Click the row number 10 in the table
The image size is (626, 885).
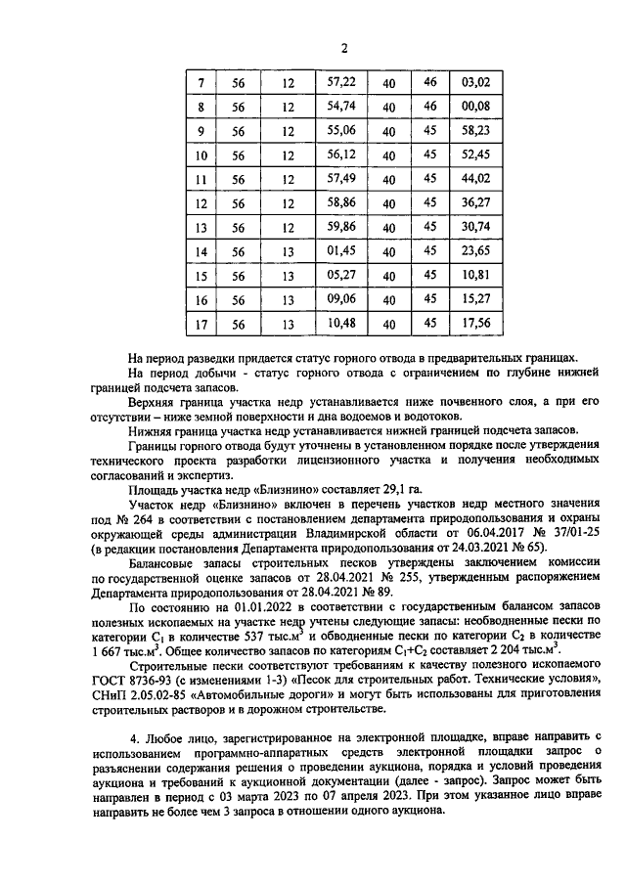point(201,156)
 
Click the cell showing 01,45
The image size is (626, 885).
point(340,251)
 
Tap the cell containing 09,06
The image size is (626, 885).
point(340,300)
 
